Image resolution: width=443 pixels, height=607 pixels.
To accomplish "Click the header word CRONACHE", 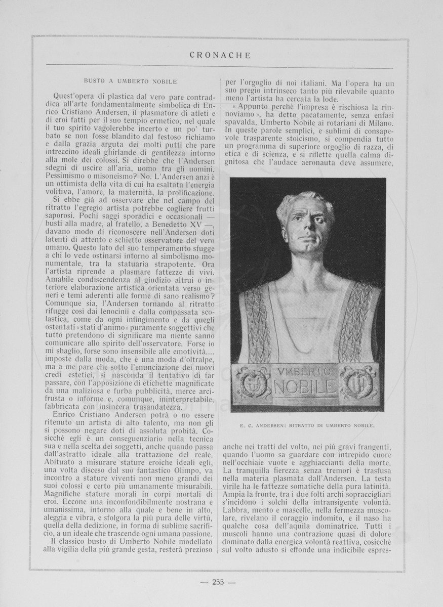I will pyautogui.click(x=220, y=56).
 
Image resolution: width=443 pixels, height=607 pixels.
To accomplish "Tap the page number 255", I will pyautogui.click(x=218, y=582).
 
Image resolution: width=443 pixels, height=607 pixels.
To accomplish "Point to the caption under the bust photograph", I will pyautogui.click(x=307, y=426).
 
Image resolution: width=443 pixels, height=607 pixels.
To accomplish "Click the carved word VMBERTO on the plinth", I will pyautogui.click(x=304, y=372).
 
